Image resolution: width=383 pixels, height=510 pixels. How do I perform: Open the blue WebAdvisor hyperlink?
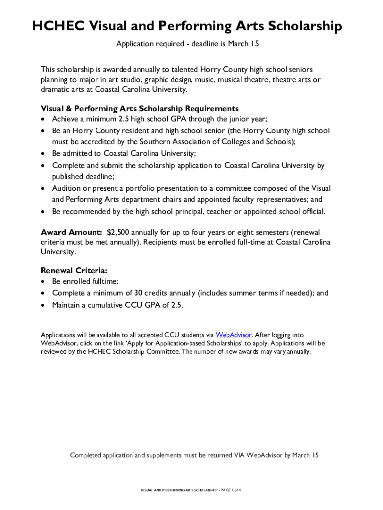point(233,335)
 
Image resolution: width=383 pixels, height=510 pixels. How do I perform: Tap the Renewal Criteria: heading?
point(74,271)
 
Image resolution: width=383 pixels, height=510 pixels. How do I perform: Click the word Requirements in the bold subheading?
point(212,108)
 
